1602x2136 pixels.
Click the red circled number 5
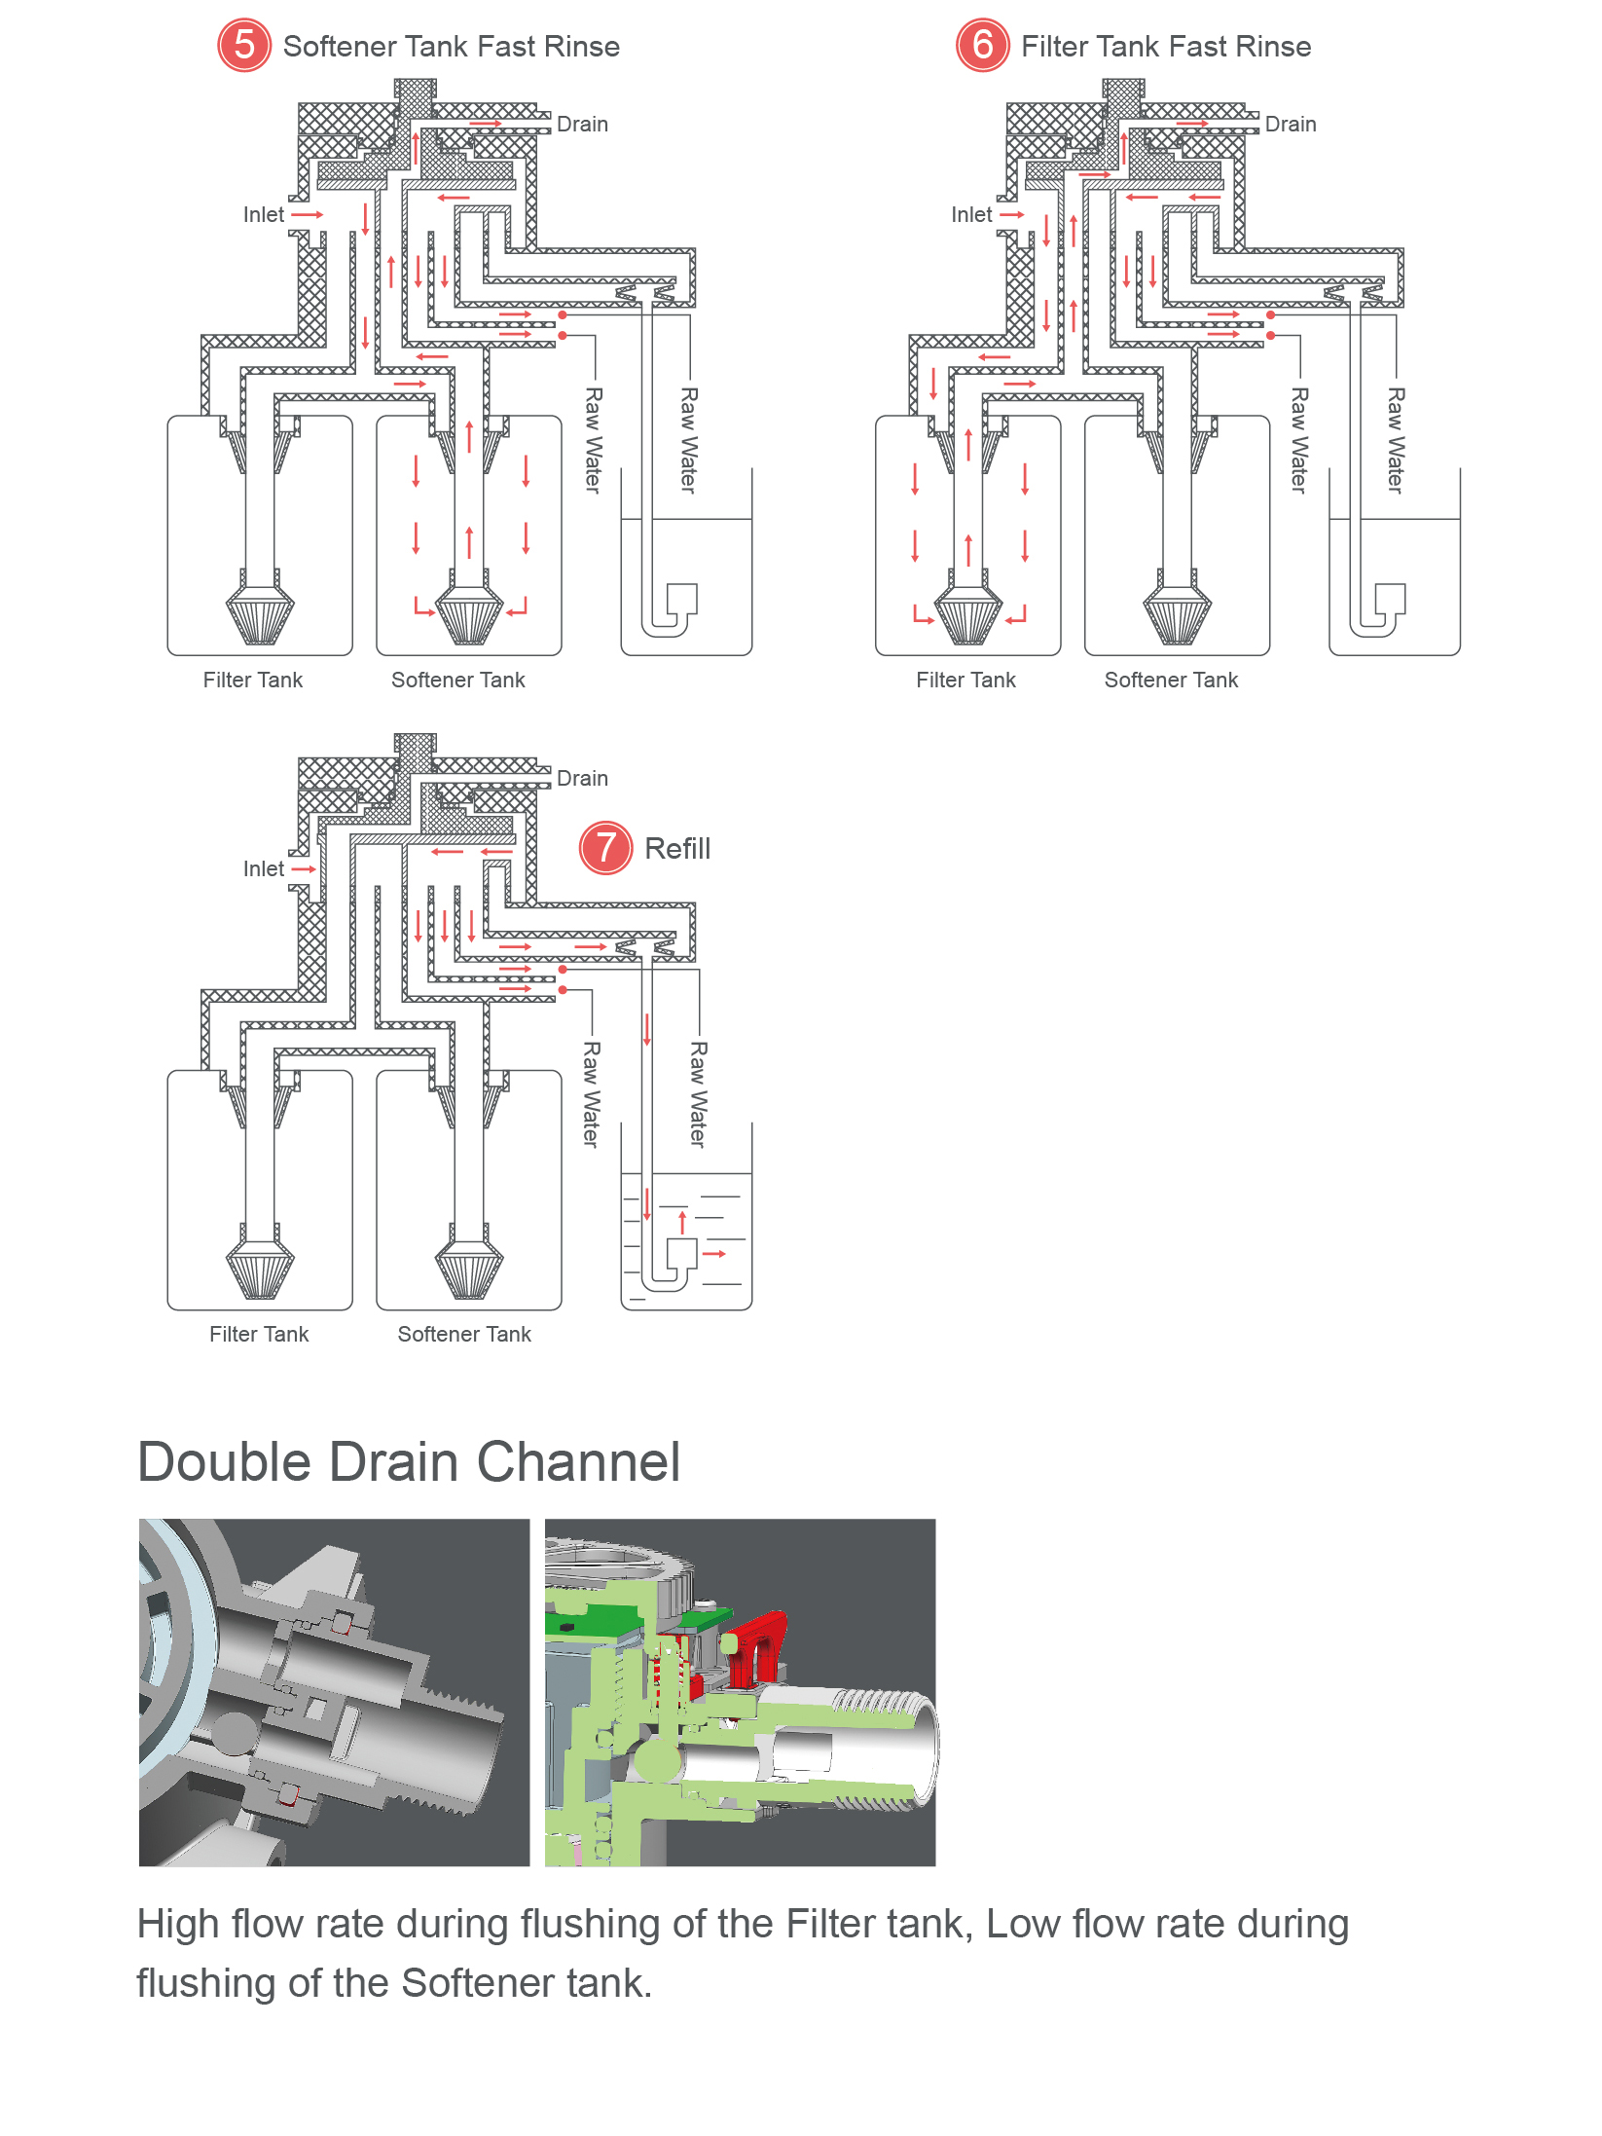click(x=243, y=46)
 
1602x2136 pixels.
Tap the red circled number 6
click(x=982, y=46)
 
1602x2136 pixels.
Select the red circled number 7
click(x=605, y=848)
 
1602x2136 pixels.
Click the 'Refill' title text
click(x=677, y=849)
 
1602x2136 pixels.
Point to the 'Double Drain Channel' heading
click(x=409, y=1462)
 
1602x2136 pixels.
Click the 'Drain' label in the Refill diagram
click(x=582, y=779)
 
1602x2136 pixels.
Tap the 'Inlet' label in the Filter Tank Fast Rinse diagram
click(x=971, y=215)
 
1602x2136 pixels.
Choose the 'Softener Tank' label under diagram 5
click(x=457, y=681)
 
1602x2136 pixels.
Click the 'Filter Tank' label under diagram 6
click(x=965, y=681)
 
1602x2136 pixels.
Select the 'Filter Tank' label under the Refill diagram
click(x=259, y=1335)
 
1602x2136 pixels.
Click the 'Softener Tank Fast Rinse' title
click(x=451, y=47)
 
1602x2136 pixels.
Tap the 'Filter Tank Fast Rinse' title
click(x=1166, y=47)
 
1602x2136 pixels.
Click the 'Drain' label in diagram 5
click(x=582, y=125)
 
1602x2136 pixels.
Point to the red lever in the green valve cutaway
click(x=759, y=1645)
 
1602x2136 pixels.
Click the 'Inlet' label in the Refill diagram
click(x=264, y=869)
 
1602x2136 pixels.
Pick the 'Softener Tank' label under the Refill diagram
click(x=464, y=1335)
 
